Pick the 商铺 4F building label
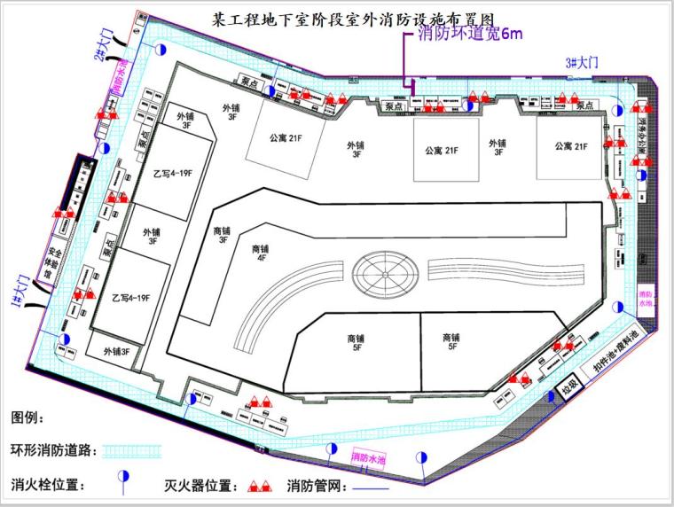tap(260, 253)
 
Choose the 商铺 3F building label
tap(222, 234)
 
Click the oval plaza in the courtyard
tap(384, 276)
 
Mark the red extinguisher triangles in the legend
tap(259, 486)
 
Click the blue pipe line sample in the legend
tap(371, 488)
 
